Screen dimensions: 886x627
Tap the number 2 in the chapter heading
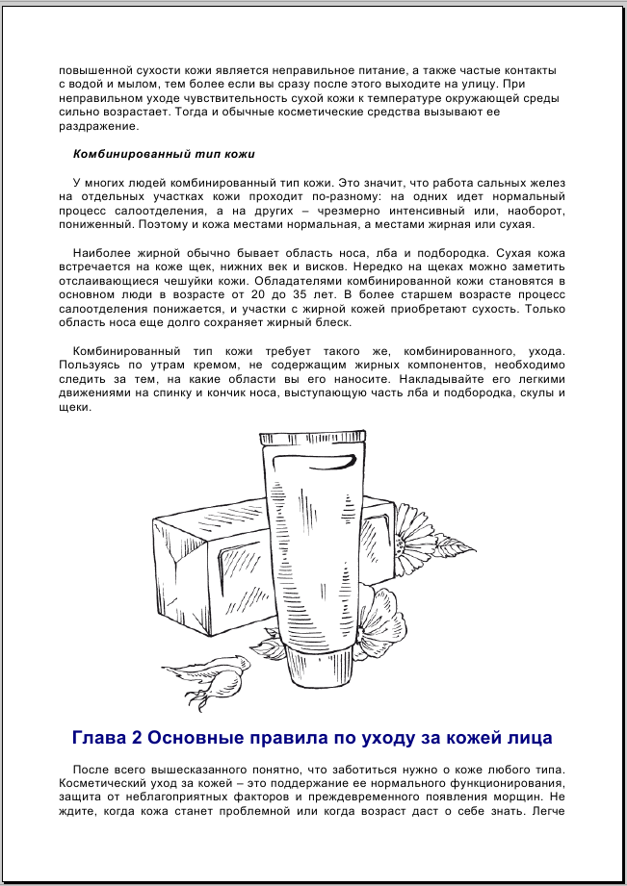[138, 739]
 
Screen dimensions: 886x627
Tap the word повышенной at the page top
[95, 71]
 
